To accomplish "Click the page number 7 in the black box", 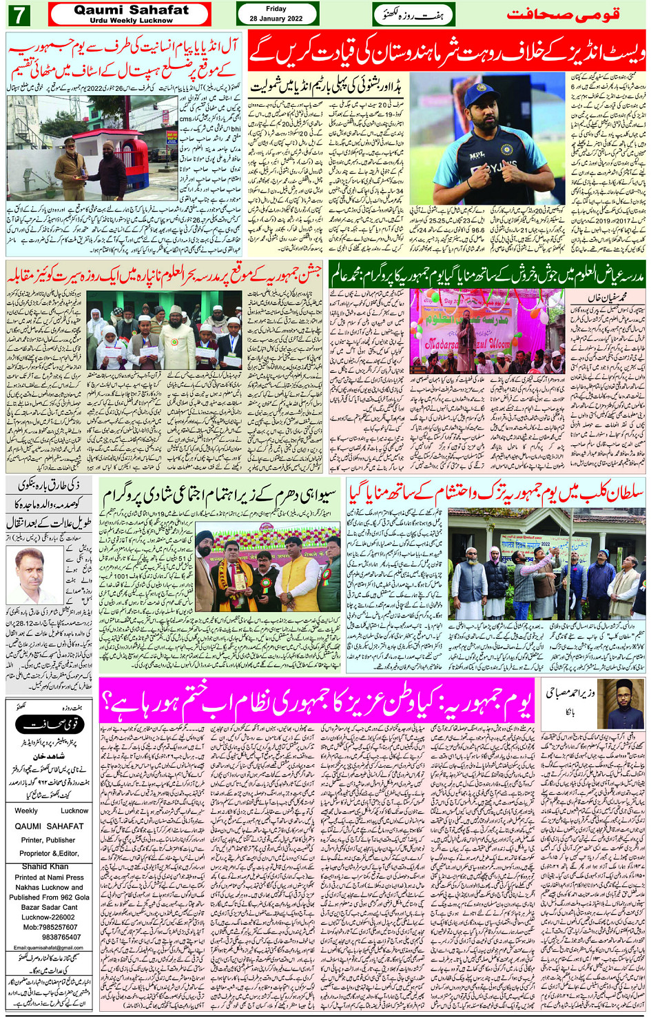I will point(19,14).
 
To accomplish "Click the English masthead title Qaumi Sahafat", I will point(131,10).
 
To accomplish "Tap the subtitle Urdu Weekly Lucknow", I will point(131,21).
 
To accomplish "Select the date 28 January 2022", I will point(276,19).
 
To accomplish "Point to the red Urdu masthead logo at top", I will point(564,14).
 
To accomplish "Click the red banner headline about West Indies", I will point(446,52).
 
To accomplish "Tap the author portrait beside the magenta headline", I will point(621,704).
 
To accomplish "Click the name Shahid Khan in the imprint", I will point(45,866).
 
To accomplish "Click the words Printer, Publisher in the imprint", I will point(48,840).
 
